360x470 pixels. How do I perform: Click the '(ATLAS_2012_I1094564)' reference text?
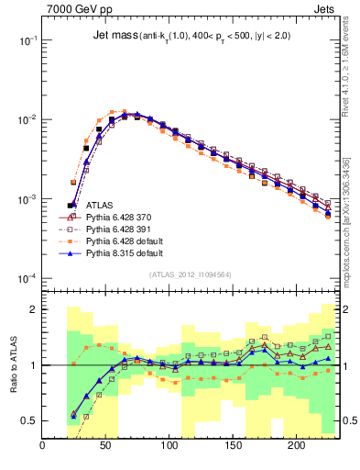point(190,274)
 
